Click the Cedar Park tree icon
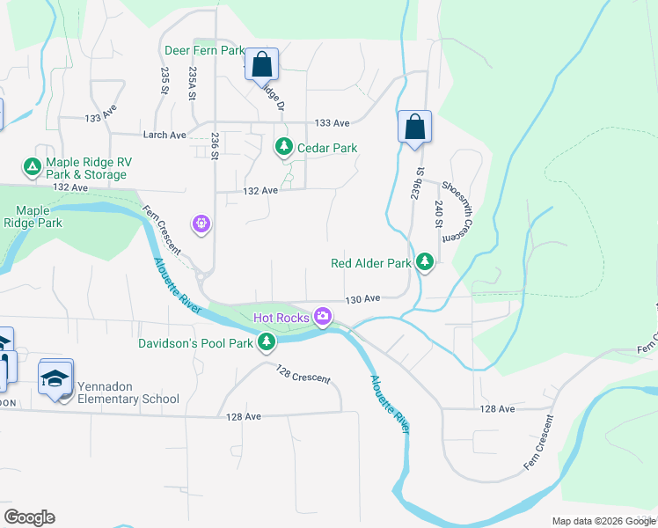click(283, 147)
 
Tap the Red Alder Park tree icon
click(425, 262)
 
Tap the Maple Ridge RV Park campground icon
click(32, 165)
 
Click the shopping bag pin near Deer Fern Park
click(261, 64)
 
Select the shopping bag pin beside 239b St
click(414, 127)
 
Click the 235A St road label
click(191, 84)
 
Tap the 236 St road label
click(215, 145)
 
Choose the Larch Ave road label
click(165, 135)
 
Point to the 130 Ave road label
click(362, 299)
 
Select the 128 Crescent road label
click(303, 374)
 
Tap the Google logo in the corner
click(29, 517)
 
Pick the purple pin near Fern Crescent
click(202, 224)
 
